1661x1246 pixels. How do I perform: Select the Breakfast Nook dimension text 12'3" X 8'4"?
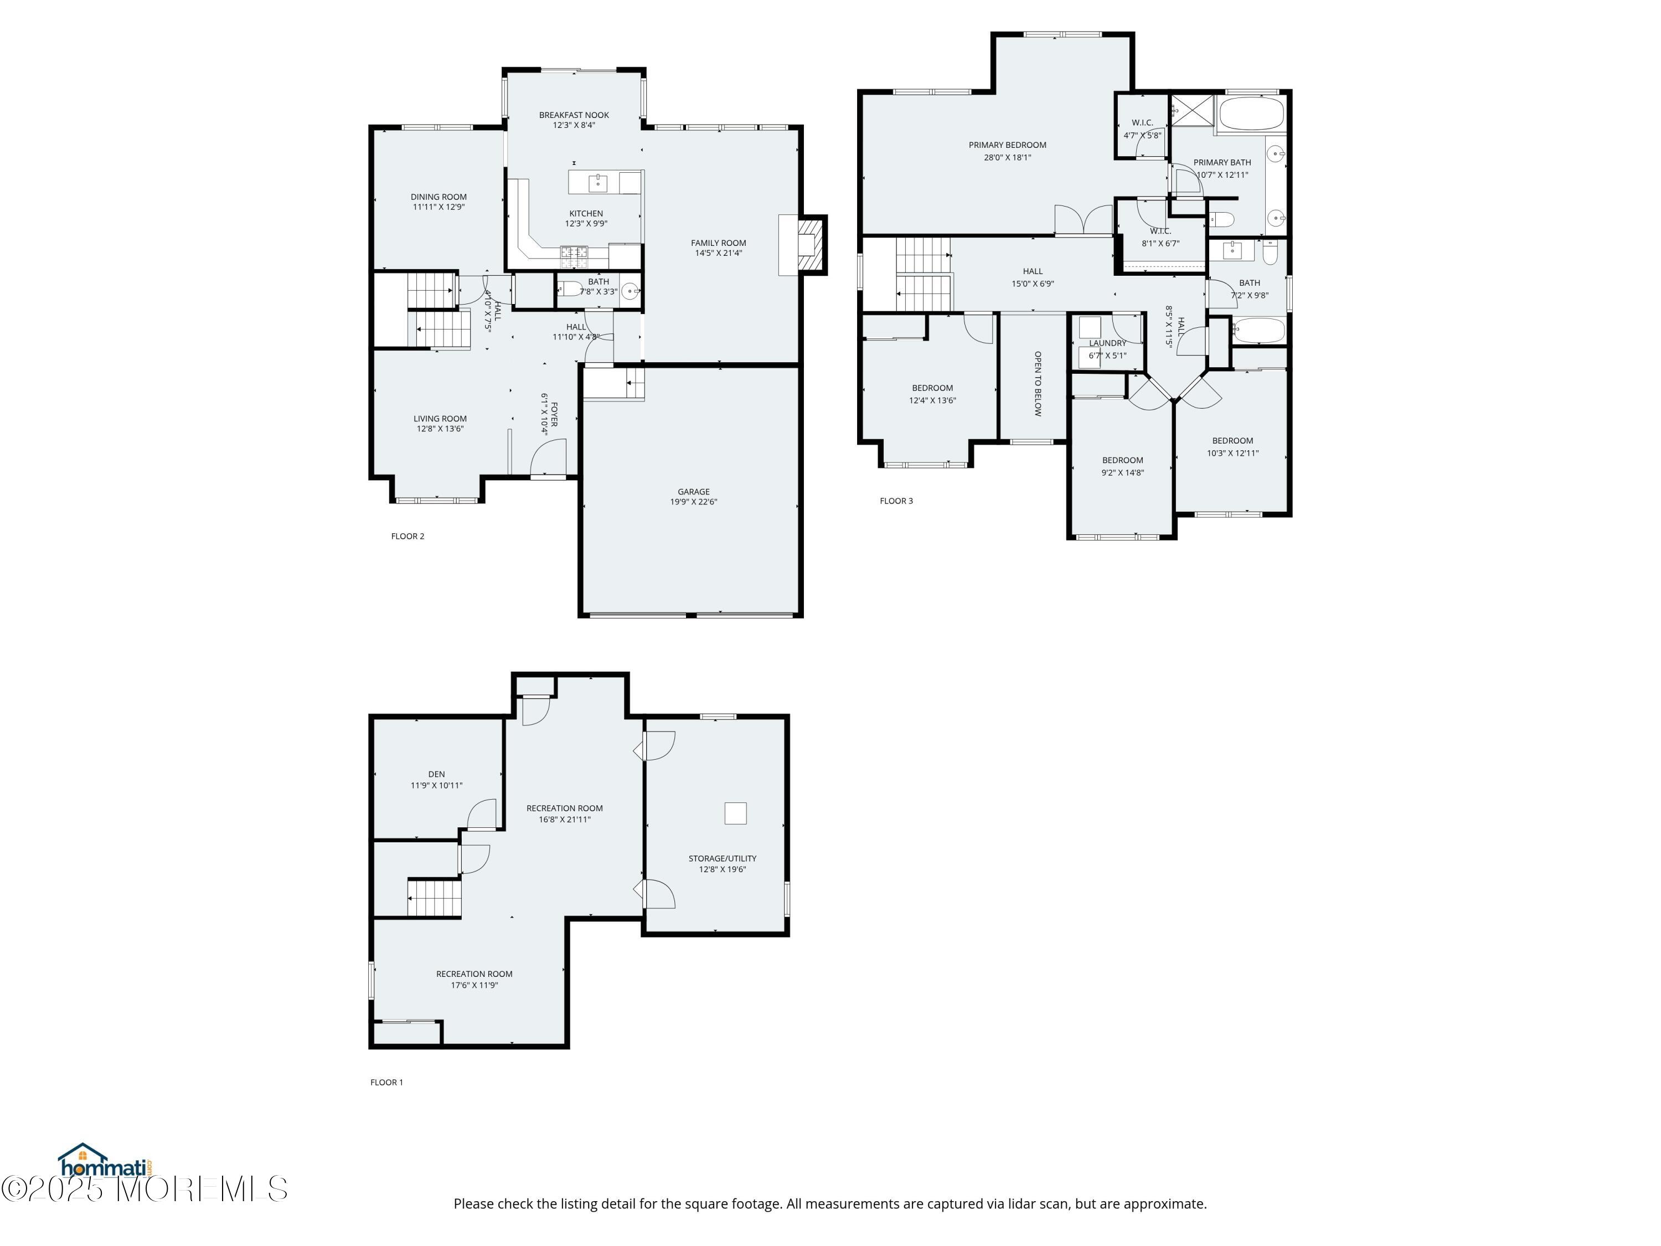coord(574,125)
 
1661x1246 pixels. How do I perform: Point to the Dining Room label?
coord(439,197)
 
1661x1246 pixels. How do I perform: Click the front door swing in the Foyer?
coord(548,458)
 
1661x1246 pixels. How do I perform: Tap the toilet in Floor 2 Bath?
coord(569,289)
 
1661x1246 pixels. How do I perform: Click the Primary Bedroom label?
coord(1007,145)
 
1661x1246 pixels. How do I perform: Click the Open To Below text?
coord(1038,383)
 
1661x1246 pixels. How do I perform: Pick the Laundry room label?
coord(1107,343)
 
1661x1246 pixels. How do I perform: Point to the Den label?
coord(436,774)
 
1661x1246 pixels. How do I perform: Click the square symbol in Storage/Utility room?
coord(735,813)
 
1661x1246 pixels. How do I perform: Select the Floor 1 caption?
coord(386,1082)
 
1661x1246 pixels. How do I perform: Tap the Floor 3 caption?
coord(896,501)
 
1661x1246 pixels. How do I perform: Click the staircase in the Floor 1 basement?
coord(434,898)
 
